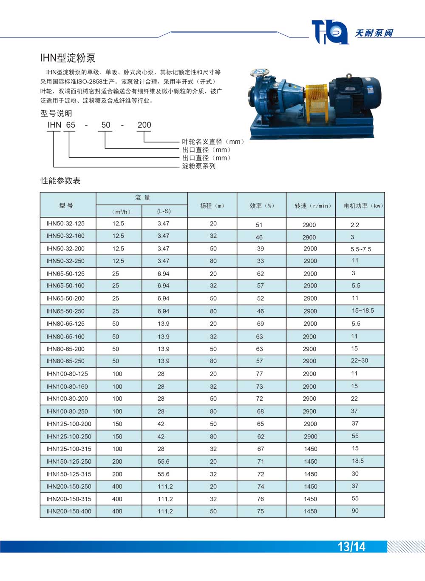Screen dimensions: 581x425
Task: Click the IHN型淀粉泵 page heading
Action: [x=68, y=58]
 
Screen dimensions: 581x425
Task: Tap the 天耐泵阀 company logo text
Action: [x=374, y=33]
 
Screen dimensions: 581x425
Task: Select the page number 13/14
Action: [x=351, y=547]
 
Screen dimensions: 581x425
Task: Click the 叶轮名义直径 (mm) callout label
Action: [x=212, y=142]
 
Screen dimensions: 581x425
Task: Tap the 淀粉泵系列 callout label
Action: [x=199, y=166]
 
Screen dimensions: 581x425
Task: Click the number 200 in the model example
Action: [x=144, y=125]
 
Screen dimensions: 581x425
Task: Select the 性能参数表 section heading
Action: [x=60, y=180]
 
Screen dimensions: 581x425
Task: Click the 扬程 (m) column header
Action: [x=212, y=205]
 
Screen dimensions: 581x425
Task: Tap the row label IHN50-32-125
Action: [x=65, y=223]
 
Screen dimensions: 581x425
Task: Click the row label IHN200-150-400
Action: [x=69, y=511]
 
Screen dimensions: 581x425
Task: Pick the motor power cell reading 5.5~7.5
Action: [x=361, y=249]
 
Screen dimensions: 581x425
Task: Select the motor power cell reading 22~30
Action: [x=360, y=360]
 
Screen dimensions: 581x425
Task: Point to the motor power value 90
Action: [x=355, y=510]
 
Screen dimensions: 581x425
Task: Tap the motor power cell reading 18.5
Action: [x=358, y=461]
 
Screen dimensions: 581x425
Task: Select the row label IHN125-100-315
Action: [x=69, y=449]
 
